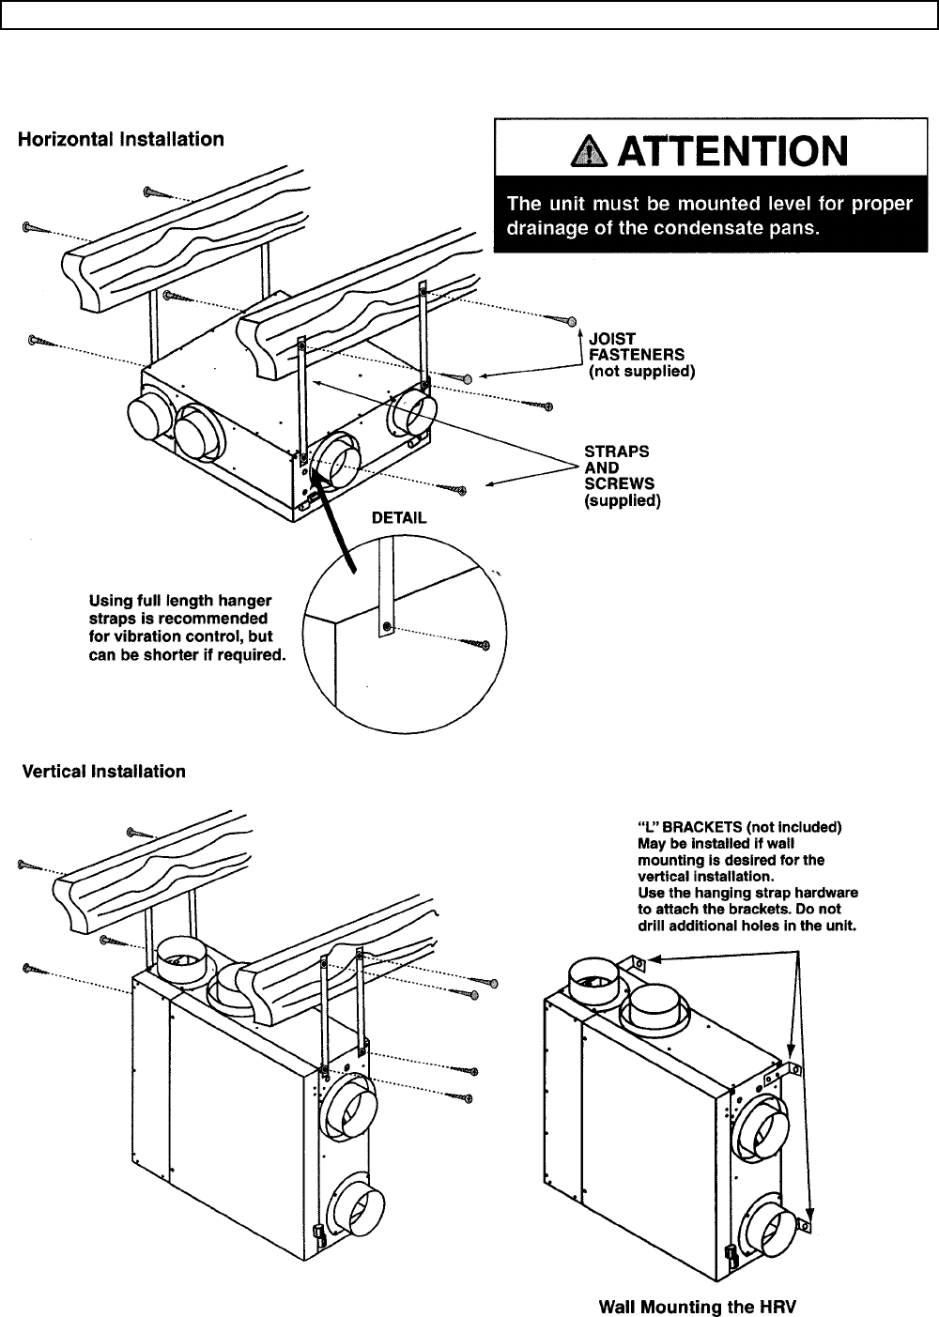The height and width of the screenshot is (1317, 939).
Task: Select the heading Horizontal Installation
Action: pyautogui.click(x=122, y=140)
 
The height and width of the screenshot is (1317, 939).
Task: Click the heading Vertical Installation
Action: pyautogui.click(x=103, y=772)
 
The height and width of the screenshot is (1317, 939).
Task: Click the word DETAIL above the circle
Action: pyautogui.click(x=399, y=517)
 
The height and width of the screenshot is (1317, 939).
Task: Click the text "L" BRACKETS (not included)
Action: pyautogui.click(x=740, y=827)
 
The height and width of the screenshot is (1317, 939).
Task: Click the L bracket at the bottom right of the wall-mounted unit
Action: pyautogui.click(x=804, y=1224)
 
